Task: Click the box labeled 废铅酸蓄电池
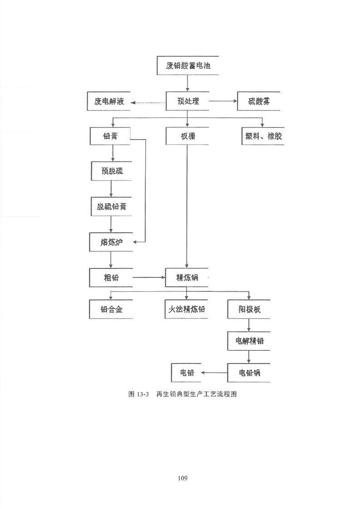(187, 66)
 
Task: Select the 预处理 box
(187, 101)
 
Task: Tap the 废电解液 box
(108, 101)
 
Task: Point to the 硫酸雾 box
(259, 101)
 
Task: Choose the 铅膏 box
(110, 136)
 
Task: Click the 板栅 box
(187, 136)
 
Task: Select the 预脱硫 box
(111, 171)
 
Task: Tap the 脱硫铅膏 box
(111, 206)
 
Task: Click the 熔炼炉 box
(111, 242)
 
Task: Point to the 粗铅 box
(111, 278)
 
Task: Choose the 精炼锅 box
(187, 278)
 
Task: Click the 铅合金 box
(111, 309)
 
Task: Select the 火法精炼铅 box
(186, 309)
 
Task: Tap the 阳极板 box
(249, 309)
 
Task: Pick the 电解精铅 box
(249, 341)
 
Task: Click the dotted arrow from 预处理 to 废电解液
(148, 102)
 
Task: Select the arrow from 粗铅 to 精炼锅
(149, 277)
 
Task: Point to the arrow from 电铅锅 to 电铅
(214, 372)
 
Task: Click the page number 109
(182, 478)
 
